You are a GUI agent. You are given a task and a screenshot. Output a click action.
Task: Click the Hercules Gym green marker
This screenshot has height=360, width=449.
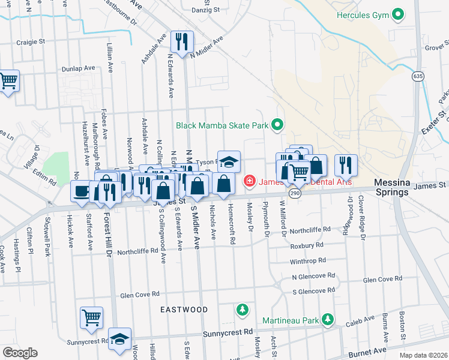click(397, 14)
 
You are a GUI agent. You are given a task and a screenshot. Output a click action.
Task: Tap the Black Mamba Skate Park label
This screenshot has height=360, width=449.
click(221, 125)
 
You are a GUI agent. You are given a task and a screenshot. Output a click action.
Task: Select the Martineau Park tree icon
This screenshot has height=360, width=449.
click(327, 319)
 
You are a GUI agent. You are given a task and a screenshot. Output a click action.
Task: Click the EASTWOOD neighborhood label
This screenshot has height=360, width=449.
click(184, 310)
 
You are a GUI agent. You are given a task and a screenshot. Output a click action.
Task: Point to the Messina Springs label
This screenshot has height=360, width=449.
click(391, 187)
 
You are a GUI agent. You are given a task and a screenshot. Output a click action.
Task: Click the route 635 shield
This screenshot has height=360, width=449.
click(418, 76)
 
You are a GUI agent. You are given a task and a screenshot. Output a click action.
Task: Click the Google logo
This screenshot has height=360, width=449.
click(19, 353)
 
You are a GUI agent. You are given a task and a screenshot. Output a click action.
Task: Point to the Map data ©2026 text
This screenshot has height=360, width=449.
click(423, 355)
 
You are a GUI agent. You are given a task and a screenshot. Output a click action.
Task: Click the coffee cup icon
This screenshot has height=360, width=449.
click(81, 191)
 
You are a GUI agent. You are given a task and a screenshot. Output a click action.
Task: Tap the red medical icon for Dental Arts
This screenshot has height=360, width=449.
click(248, 181)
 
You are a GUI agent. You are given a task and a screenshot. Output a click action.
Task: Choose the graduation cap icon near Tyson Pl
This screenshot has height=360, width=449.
click(228, 161)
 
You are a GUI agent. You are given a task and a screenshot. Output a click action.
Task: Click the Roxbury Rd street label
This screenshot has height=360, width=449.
click(307, 245)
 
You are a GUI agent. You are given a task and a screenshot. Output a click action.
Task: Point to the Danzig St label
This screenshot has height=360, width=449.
click(218, 10)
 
